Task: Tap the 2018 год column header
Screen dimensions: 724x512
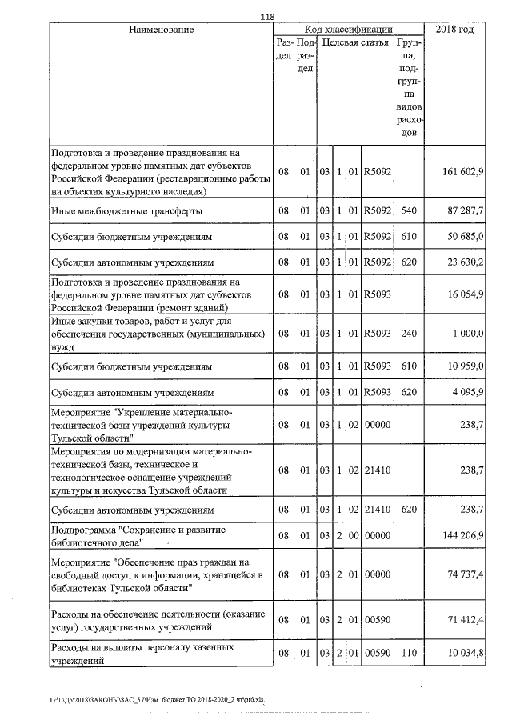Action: click(454, 30)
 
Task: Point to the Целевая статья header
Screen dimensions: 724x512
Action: click(356, 42)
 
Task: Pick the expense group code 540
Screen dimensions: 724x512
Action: click(409, 211)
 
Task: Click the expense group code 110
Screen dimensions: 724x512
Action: click(409, 653)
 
